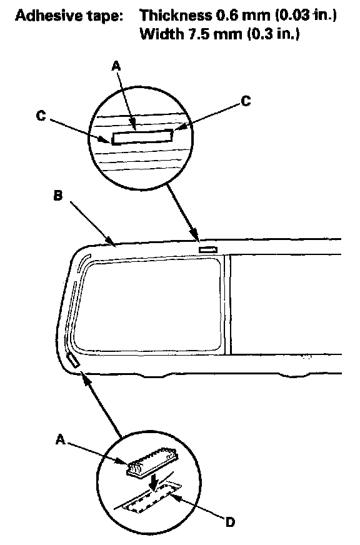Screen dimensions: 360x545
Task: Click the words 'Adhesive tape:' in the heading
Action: point(69,16)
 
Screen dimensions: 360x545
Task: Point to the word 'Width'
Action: point(162,34)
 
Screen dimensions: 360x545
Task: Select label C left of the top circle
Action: point(41,116)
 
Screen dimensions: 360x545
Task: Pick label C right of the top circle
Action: point(246,101)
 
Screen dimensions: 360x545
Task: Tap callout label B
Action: point(58,196)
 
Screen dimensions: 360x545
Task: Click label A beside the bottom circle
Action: point(61,439)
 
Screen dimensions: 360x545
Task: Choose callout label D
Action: point(230,522)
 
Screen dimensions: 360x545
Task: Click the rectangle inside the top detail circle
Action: point(142,137)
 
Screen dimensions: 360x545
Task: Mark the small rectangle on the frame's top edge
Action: point(207,249)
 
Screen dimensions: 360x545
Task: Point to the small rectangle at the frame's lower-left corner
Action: point(73,361)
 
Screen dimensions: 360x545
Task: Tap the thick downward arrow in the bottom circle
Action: point(154,482)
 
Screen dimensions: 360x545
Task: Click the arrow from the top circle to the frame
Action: point(183,212)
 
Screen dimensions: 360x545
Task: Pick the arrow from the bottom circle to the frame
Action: point(101,404)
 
